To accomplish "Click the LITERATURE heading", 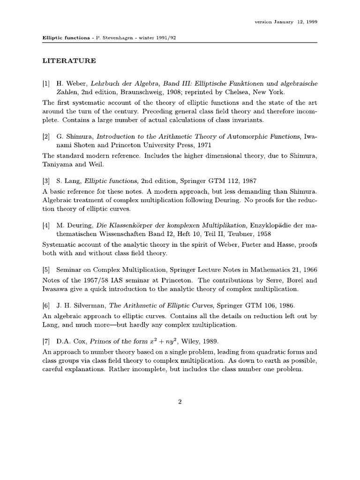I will tap(69, 60).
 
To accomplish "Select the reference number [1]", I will tap(46, 83).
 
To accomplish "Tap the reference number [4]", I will tap(46, 225).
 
